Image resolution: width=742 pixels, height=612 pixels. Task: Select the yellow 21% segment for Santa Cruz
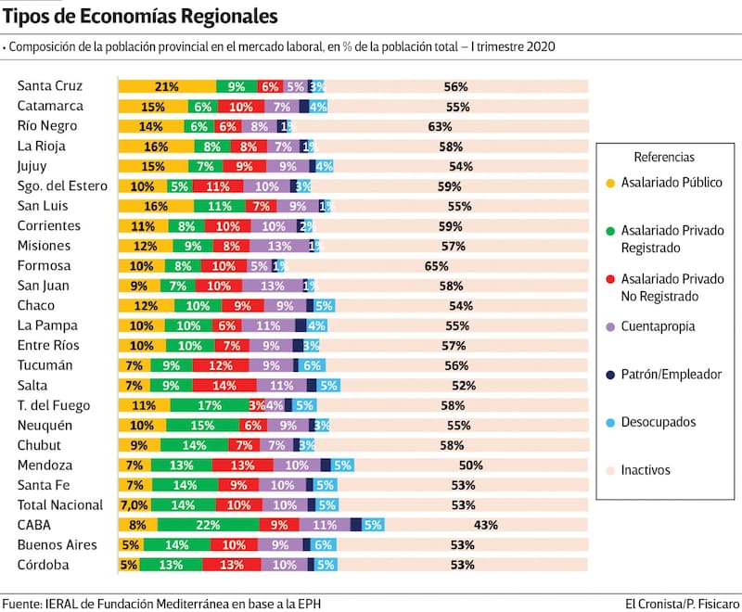[167, 86]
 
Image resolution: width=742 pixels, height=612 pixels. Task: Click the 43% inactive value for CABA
[486, 525]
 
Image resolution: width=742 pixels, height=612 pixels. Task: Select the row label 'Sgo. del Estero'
[62, 185]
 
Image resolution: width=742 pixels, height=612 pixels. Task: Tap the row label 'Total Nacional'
[61, 504]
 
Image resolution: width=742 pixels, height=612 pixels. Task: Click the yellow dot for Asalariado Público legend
[609, 184]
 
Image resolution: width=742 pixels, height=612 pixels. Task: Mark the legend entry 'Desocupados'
[659, 422]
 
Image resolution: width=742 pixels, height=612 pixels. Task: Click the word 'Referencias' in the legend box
[664, 158]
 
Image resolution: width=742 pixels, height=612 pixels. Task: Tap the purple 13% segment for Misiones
[279, 246]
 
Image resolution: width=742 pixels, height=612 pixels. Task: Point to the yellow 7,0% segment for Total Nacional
[134, 505]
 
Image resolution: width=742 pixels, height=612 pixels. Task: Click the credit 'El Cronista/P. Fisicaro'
[680, 604]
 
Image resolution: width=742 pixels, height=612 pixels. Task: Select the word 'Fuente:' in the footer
[22, 604]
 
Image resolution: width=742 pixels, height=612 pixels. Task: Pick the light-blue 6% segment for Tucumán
[311, 365]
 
